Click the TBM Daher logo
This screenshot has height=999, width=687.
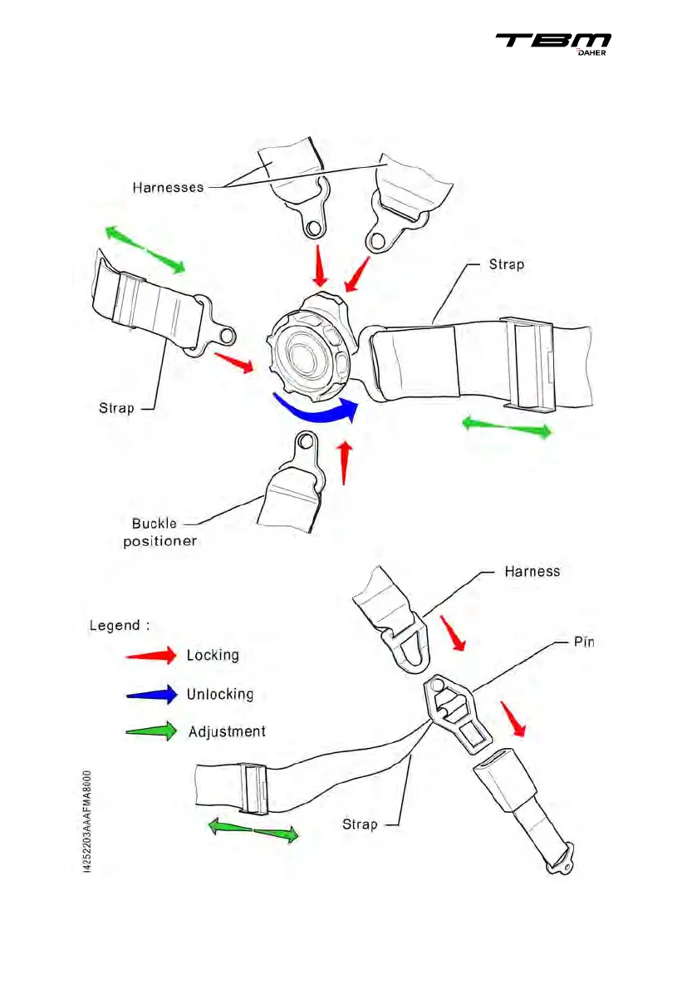click(x=553, y=45)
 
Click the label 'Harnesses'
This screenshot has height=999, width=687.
click(x=168, y=187)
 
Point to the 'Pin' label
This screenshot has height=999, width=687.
click(x=585, y=642)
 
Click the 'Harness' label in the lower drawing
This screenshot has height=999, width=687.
click(x=532, y=571)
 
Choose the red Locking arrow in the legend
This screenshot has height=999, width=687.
click(x=150, y=655)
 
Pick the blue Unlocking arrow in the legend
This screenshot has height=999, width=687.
click(x=150, y=693)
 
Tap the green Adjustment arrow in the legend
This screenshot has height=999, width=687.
click(x=150, y=731)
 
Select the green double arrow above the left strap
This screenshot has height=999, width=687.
click(x=145, y=249)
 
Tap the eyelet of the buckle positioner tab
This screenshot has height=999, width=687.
click(x=305, y=441)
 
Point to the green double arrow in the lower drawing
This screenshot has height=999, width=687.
click(x=253, y=830)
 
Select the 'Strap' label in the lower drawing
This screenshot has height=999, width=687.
click(x=360, y=824)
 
